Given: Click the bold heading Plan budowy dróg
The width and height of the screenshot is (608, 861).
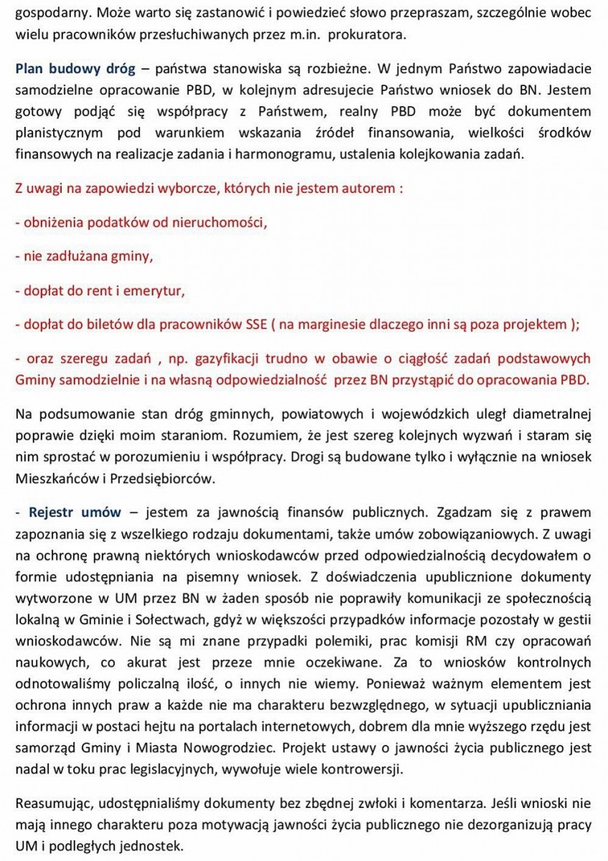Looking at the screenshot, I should pos(75,70).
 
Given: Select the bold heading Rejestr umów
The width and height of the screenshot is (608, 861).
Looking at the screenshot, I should pos(75,512).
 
